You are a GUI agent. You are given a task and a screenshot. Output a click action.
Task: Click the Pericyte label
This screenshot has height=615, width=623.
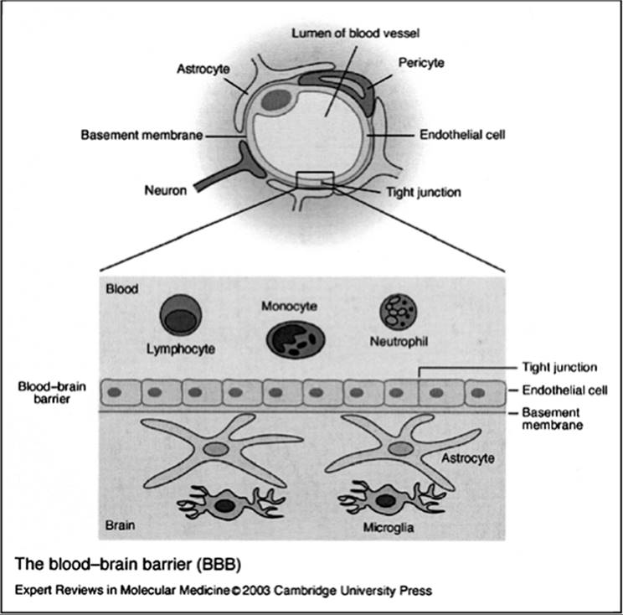tap(421, 63)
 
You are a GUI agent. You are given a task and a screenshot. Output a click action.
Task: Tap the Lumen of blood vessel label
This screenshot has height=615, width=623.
tap(355, 33)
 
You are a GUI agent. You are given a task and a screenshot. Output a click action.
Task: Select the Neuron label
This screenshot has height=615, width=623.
tap(165, 190)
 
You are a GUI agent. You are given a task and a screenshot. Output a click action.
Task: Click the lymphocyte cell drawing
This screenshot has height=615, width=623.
tap(181, 315)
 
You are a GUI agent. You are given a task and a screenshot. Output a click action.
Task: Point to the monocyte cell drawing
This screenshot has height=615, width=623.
tap(296, 340)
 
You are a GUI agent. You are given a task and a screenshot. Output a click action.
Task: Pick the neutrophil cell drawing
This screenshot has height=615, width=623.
tap(399, 313)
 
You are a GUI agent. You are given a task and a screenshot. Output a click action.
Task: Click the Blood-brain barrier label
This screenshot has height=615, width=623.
tap(52, 392)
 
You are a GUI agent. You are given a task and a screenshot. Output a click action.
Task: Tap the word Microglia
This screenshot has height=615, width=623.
tap(389, 528)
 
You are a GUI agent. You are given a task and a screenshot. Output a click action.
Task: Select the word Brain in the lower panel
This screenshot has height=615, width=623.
tap(120, 525)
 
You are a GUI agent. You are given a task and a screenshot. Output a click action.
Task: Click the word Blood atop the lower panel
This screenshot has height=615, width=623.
tap(122, 288)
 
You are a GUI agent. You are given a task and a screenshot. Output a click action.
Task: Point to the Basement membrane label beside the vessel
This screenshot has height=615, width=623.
tap(142, 135)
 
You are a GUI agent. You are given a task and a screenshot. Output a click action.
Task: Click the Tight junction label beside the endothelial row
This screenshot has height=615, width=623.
tap(559, 367)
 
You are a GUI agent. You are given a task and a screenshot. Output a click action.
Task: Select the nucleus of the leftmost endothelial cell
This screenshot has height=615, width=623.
tap(115, 392)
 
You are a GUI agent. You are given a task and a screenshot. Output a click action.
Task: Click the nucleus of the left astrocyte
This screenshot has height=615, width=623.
tap(216, 449)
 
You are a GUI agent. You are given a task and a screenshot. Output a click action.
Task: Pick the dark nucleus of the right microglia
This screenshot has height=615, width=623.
tap(384, 500)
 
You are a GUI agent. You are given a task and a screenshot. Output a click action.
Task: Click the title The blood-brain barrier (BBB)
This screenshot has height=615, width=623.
tap(128, 564)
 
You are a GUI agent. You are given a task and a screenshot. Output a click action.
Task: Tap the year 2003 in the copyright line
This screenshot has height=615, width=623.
tap(256, 591)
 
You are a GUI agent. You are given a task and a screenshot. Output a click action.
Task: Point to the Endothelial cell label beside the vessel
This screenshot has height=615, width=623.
tap(462, 135)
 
